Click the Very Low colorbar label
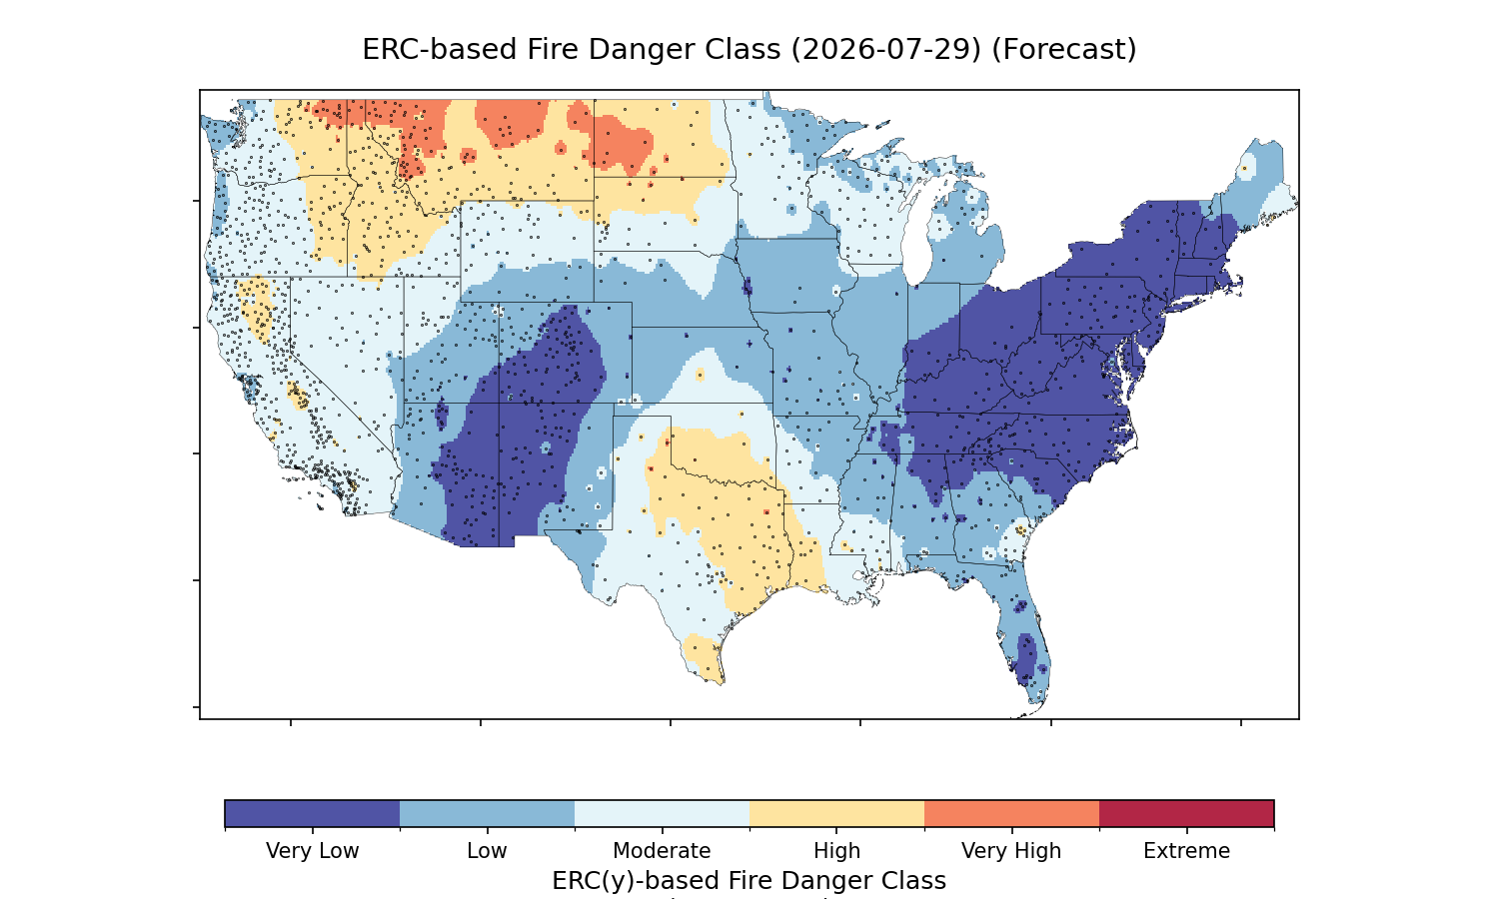(312, 851)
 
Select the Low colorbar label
(487, 851)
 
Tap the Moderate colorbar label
(662, 851)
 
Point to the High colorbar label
(836, 851)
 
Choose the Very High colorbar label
(1011, 851)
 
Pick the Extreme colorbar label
(1186, 851)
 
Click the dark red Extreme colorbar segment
(1186, 813)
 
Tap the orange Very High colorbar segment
(1011, 813)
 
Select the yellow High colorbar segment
(836, 813)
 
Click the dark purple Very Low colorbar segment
(313, 813)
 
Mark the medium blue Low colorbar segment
(488, 813)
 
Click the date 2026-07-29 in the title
(886, 50)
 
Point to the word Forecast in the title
(1064, 50)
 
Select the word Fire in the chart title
(553, 50)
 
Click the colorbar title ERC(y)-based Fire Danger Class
(749, 880)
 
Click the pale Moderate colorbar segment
(662, 813)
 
